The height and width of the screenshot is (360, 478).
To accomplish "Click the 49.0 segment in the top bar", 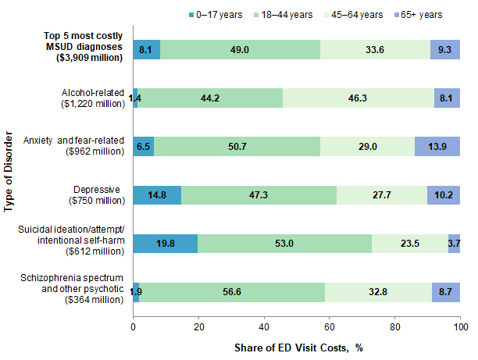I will click(x=240, y=49).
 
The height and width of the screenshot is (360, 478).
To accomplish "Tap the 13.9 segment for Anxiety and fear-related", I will click(x=437, y=146).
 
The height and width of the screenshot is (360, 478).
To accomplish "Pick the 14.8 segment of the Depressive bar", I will click(x=157, y=194).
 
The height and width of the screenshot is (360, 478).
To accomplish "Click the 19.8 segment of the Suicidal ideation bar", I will click(x=166, y=243).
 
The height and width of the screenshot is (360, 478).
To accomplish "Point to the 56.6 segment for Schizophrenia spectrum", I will click(x=232, y=291).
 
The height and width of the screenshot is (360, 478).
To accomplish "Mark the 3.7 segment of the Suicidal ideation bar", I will click(x=454, y=243).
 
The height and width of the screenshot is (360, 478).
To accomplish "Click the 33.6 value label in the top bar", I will click(x=375, y=49).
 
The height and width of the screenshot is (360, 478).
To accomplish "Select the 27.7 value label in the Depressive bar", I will click(x=382, y=194).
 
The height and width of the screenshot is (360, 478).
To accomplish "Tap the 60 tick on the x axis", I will click(x=330, y=325).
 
